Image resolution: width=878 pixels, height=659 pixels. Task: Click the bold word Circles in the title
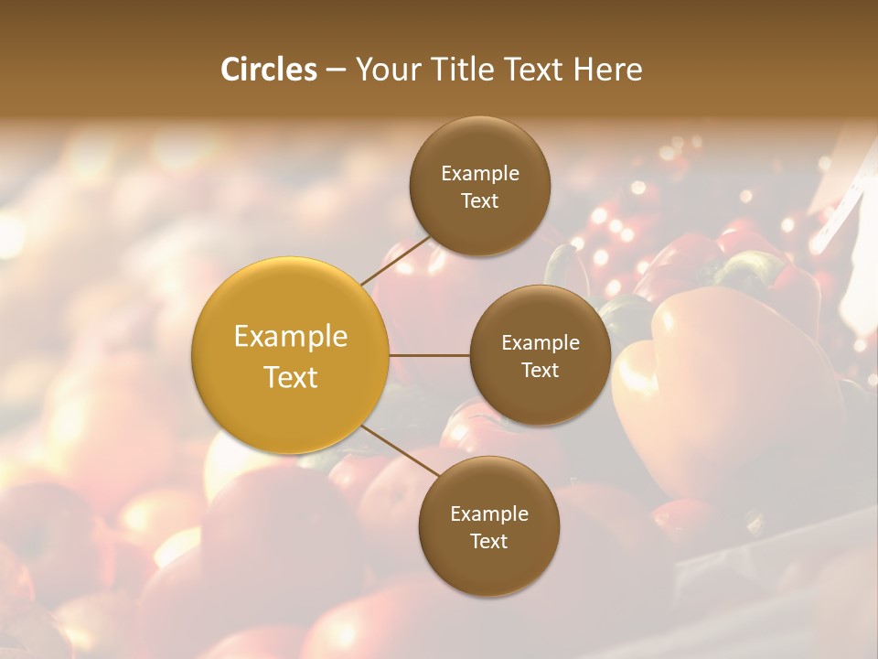click(x=269, y=70)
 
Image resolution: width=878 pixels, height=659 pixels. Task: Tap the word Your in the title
click(x=383, y=70)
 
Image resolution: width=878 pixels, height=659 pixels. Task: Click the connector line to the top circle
click(x=395, y=257)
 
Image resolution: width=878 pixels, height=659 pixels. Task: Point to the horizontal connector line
click(x=430, y=355)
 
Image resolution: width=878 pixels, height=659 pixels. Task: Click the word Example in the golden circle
click(x=291, y=336)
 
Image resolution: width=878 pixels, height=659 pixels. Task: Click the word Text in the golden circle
click(x=291, y=377)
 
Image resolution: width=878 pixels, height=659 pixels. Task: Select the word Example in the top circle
click(x=480, y=173)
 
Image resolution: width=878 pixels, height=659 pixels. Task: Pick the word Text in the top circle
click(x=480, y=200)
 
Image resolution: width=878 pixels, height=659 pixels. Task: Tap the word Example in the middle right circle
click(x=541, y=342)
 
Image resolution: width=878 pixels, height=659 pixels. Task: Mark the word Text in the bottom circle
click(x=489, y=541)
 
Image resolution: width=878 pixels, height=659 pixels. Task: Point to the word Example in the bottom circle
click(x=489, y=513)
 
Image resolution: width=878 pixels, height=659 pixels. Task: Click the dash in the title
click(x=336, y=70)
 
